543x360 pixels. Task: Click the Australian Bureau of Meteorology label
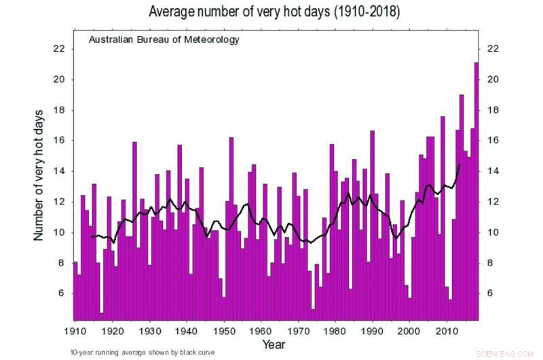pos(164,40)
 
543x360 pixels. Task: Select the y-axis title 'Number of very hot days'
pos(39,174)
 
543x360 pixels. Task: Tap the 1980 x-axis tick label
pos(333,331)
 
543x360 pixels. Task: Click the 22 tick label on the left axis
pos(59,49)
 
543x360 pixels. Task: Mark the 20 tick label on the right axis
pos(493,79)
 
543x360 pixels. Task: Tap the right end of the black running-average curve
pos(460,164)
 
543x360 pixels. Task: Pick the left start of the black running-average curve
pos(91,237)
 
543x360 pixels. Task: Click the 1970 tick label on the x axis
pos(297,331)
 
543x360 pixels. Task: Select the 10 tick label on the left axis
pos(59,232)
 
